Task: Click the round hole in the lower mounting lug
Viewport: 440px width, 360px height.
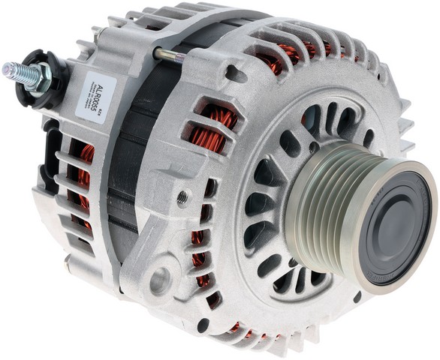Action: [x=160, y=282]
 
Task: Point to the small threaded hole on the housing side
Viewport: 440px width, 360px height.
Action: [x=182, y=197]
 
